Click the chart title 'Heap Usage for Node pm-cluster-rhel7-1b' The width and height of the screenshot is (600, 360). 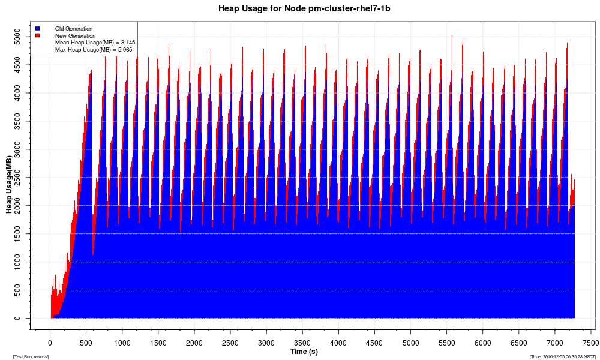coord(300,9)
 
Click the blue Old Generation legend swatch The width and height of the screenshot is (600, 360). coord(37,28)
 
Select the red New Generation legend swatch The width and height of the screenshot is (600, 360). coord(37,35)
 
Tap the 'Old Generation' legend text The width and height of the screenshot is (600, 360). coord(74,28)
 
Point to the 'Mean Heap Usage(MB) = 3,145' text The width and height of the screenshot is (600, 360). coord(95,43)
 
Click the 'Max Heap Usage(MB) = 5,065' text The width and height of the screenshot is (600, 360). coord(95,50)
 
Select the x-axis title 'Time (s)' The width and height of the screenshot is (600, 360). coord(304,352)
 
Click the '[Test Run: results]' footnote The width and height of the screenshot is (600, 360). coord(31,356)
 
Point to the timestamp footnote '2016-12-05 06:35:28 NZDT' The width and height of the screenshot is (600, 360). coord(562,356)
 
